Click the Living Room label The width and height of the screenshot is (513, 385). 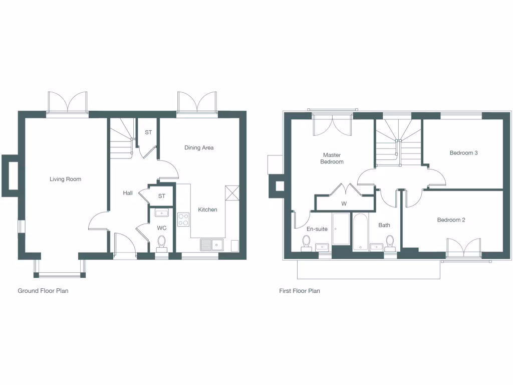tap(65, 179)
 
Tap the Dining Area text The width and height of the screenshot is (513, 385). tap(199, 147)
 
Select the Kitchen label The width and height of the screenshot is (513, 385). tap(207, 210)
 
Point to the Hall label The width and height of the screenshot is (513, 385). tap(128, 192)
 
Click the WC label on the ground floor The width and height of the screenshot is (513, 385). tap(161, 228)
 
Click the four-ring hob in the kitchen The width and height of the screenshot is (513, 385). tap(183, 219)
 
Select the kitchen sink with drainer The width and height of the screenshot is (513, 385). tap(211, 245)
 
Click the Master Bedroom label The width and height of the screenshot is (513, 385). tap(332, 158)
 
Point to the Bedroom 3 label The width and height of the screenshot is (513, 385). tap(463, 153)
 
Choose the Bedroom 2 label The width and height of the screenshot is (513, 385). tap(451, 220)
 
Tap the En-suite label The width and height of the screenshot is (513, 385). tap(317, 229)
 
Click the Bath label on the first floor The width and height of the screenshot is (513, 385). tap(384, 225)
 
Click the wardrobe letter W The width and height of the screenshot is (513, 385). tap(344, 204)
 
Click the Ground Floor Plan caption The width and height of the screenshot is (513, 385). tap(43, 291)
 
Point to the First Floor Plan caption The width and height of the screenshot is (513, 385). tap(300, 291)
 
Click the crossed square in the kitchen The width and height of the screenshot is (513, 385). tap(232, 193)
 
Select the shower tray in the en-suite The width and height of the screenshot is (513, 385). tap(341, 229)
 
